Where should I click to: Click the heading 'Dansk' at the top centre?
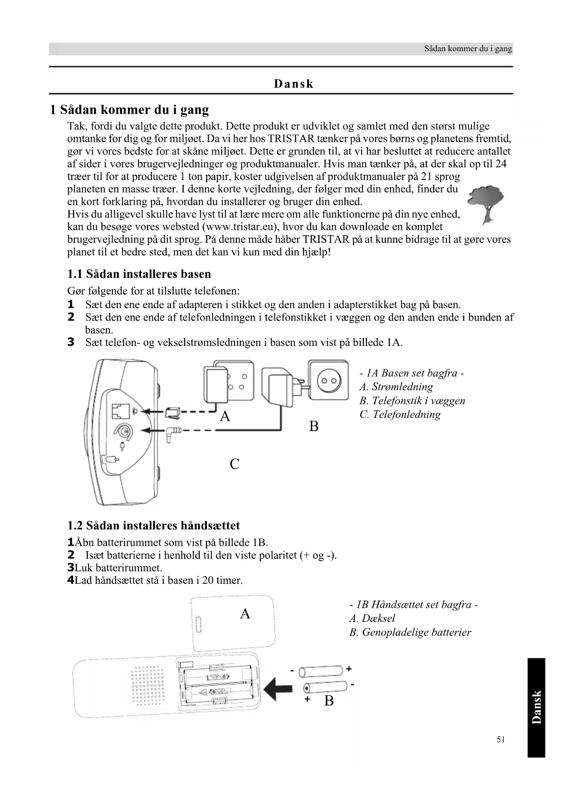coord(294,84)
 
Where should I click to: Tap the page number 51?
coord(501,739)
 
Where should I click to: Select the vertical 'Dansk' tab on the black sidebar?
coord(536,707)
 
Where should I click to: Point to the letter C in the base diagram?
coord(234,464)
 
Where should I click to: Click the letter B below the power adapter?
coord(313,427)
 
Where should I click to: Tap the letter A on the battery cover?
coord(245,614)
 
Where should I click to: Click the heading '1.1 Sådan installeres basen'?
coord(139,274)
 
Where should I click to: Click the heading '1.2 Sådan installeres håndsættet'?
coord(153,526)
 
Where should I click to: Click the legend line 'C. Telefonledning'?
coord(400,415)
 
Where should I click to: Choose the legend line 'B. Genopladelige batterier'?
coord(410,632)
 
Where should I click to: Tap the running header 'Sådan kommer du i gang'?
coord(468,48)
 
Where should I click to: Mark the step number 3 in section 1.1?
coord(71,342)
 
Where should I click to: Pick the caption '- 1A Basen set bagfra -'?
coord(411,373)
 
